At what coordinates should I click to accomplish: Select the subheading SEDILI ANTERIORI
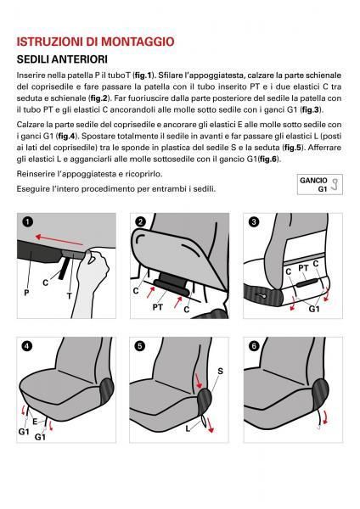click(65, 59)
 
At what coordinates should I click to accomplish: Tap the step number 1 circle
click(27, 222)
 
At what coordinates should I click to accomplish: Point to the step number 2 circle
click(141, 222)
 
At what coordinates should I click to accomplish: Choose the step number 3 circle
click(253, 222)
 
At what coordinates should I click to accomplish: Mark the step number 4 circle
click(27, 346)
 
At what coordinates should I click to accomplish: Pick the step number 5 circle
click(141, 346)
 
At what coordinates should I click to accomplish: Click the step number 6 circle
click(253, 346)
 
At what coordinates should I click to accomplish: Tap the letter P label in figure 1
click(25, 291)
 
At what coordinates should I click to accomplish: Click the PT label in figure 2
click(157, 307)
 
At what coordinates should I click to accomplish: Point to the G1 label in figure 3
click(313, 310)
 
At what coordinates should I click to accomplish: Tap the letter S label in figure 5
click(220, 371)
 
